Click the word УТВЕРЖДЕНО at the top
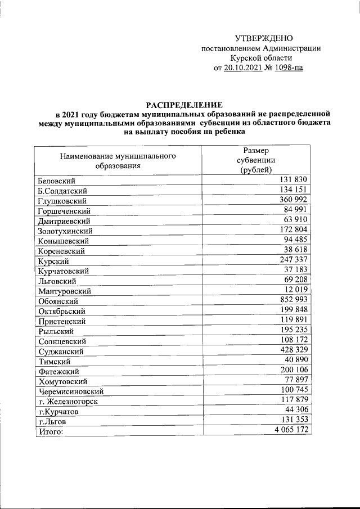click(x=264, y=38)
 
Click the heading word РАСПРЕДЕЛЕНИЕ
click(x=184, y=105)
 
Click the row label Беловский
click(x=57, y=181)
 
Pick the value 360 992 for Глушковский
click(x=292, y=200)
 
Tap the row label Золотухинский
click(x=65, y=231)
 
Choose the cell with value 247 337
click(x=292, y=260)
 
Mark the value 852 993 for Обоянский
click(x=292, y=300)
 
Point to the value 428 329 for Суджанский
click(x=292, y=350)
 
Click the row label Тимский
click(x=54, y=361)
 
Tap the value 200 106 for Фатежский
click(x=292, y=370)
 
